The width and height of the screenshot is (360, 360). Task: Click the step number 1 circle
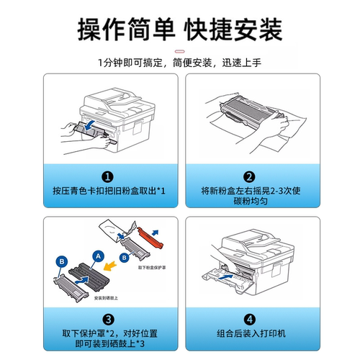tap(107, 176)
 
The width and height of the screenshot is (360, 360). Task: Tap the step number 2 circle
tap(249, 176)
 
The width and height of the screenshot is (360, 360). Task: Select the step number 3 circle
tap(107, 319)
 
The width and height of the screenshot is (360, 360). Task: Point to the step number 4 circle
tap(249, 319)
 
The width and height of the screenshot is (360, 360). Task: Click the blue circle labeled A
tap(97, 254)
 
